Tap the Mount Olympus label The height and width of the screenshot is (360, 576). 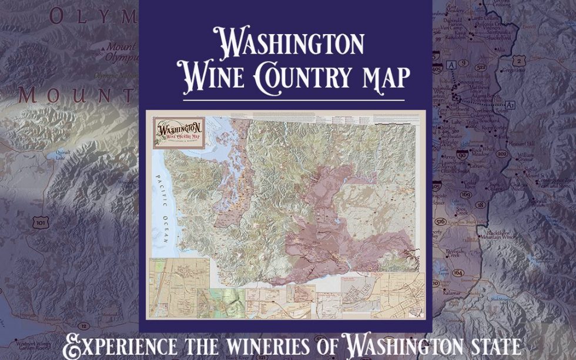click(121, 52)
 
